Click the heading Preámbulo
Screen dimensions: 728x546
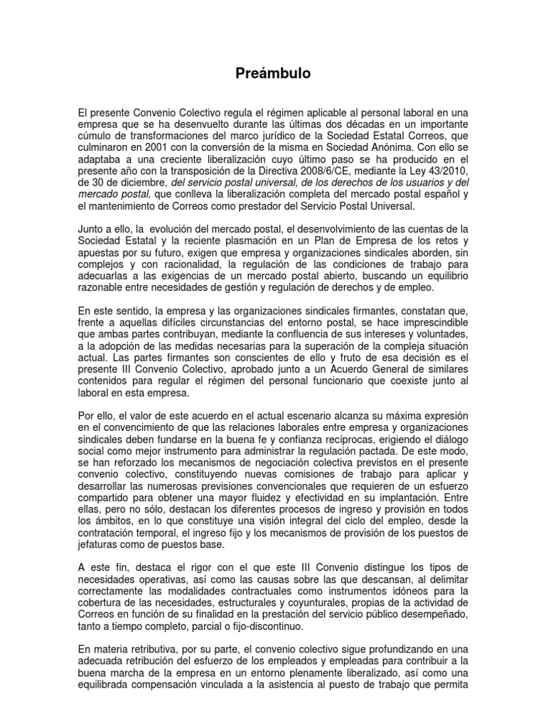point(273,73)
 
